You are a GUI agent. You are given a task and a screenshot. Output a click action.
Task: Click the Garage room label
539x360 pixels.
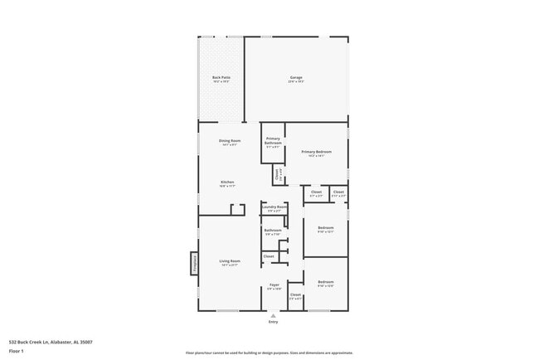point(295,78)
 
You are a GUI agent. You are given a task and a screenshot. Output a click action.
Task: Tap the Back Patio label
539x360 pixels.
point(221,78)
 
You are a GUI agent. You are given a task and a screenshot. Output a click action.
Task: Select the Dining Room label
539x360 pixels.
point(229,141)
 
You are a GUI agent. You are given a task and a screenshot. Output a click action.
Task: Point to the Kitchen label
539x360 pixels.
point(226,182)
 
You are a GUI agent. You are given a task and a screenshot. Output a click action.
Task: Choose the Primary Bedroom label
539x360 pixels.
point(317,152)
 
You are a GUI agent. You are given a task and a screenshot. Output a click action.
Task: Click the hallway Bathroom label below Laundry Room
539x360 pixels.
point(274,231)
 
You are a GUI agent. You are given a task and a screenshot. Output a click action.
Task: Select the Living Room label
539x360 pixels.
point(229,262)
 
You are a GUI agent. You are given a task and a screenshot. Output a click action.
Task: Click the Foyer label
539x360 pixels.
point(274,285)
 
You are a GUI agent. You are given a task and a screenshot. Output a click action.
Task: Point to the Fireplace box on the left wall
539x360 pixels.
point(195,263)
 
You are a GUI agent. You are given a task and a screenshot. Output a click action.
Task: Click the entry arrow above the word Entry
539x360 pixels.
point(273,315)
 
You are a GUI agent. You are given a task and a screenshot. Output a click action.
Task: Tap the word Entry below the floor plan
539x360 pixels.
point(273,322)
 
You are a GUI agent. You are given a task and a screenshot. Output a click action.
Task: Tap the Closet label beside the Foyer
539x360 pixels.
point(295,295)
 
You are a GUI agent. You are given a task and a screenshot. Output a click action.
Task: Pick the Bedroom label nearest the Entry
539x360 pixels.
point(326,284)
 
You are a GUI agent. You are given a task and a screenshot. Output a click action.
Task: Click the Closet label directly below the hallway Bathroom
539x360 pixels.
point(269,256)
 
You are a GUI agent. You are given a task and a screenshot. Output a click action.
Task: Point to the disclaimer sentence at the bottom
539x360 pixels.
point(269,353)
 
